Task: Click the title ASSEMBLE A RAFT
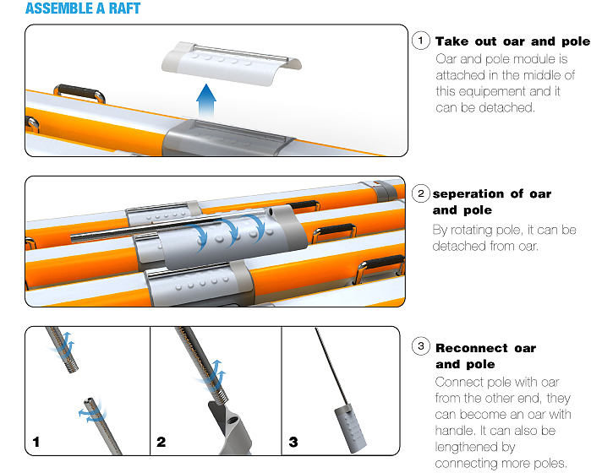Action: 83,8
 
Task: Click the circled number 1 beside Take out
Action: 421,41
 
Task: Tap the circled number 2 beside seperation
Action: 421,193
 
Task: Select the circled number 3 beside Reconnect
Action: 421,346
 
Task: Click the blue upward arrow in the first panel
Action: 206,101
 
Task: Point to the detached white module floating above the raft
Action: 231,63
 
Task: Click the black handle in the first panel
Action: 79,93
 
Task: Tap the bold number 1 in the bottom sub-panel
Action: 36,442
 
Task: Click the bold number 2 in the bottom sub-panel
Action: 161,442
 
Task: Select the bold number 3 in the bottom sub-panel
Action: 293,442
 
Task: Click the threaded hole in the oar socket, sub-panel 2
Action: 232,418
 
